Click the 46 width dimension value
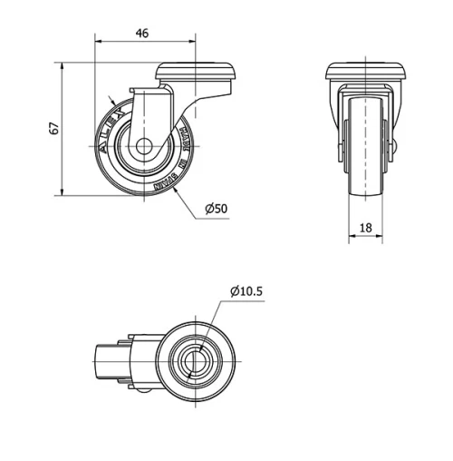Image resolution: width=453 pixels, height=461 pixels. coord(142,33)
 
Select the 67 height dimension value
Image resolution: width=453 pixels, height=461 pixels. coord(54,129)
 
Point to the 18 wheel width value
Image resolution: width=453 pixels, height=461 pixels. coord(367,230)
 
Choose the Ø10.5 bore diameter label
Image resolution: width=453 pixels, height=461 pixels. coord(246,291)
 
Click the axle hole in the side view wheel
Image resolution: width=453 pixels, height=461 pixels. coord(142,148)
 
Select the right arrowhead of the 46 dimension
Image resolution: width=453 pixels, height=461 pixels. coord(193,41)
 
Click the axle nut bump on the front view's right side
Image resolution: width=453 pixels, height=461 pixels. coord(394,145)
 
